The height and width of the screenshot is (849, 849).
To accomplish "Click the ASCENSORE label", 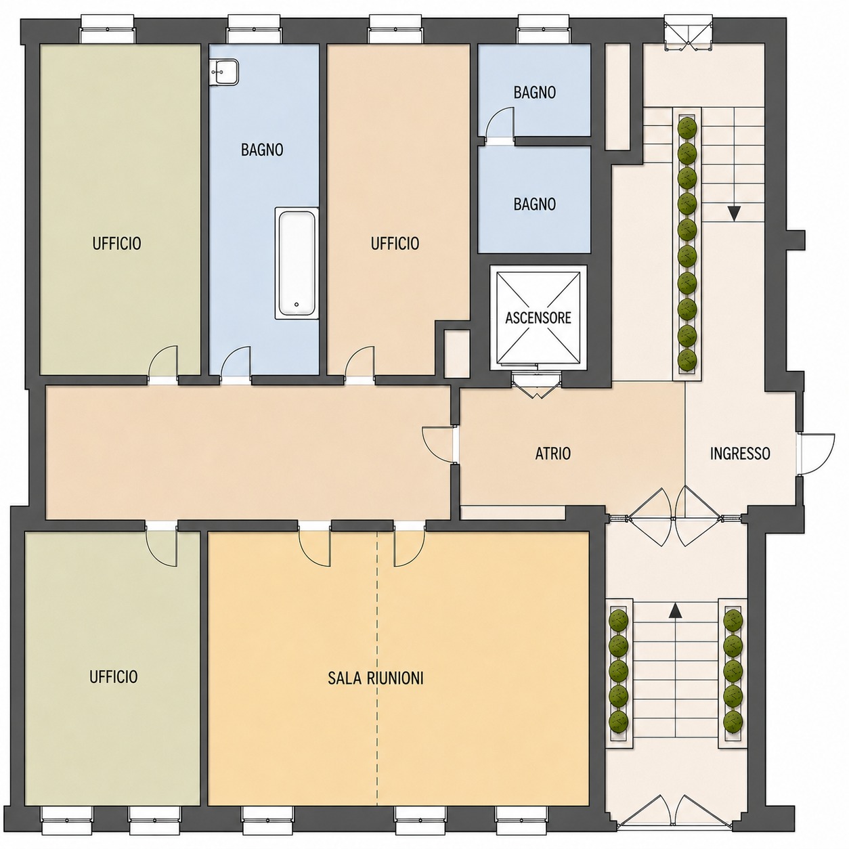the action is click(x=538, y=318).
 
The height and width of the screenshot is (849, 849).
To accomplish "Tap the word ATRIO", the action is click(x=553, y=454).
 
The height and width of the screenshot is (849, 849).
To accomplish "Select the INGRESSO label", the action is click(x=740, y=454).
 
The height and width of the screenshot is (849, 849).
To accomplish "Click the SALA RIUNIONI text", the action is click(x=375, y=678).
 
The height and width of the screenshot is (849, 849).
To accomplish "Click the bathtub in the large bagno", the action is click(x=297, y=263).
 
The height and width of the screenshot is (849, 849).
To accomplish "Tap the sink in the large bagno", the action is click(x=224, y=72).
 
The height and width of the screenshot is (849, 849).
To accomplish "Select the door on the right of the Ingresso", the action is click(x=816, y=454).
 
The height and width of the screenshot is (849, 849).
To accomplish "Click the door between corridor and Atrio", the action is click(x=439, y=444).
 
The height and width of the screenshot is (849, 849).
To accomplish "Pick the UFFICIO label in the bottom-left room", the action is click(x=114, y=677).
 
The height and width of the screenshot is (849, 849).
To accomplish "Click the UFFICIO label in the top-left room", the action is click(x=116, y=243).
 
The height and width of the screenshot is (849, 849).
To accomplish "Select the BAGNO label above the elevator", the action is click(x=534, y=204).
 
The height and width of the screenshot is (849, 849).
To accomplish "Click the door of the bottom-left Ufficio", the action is click(x=161, y=544).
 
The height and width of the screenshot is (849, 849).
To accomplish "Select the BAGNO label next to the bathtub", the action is click(x=262, y=150).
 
